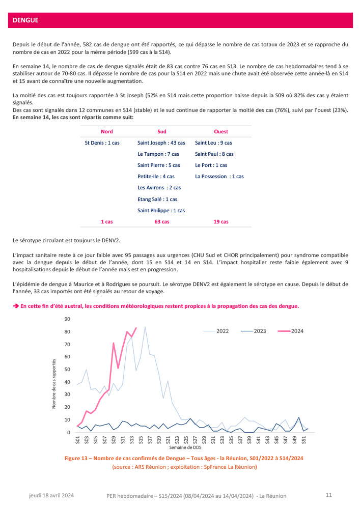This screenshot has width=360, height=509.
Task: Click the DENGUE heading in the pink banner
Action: coord(26,20)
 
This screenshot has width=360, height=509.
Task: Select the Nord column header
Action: coord(107,132)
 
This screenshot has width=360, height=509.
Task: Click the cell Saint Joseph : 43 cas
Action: coord(161,143)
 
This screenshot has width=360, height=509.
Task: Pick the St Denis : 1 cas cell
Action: coord(102,143)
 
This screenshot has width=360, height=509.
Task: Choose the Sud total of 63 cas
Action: coord(162,222)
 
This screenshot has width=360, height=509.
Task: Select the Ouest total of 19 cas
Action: coord(221,222)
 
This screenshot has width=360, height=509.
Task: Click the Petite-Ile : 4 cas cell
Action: coord(156,177)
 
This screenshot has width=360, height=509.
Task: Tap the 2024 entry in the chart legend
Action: coord(297,331)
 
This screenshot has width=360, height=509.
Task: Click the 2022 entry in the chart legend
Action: coord(223,331)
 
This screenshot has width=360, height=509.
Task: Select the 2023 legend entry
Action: coord(260,331)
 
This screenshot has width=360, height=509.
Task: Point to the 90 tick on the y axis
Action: coord(67,319)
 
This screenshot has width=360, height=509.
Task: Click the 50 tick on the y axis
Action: coord(67,370)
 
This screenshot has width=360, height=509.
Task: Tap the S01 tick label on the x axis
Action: coord(78,439)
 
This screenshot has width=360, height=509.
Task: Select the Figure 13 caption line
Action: coord(184,458)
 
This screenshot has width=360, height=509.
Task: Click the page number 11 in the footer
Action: coord(328,495)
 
